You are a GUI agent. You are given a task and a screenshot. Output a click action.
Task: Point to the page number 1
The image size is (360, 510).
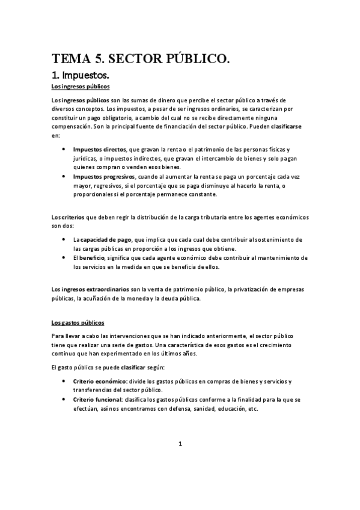pos(180,444)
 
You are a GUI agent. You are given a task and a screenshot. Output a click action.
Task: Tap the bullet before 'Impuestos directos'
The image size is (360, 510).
pos(64,149)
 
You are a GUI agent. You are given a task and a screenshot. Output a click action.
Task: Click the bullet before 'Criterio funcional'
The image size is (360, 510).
pos(64,399)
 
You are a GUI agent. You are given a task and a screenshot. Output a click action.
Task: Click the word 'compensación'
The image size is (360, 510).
pos(72,127)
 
